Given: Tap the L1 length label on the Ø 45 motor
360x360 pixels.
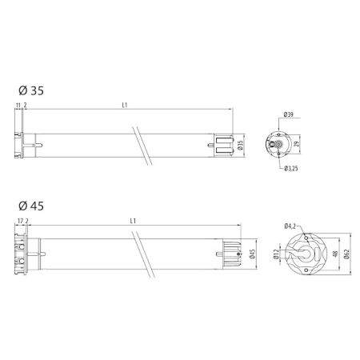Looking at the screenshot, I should (132, 220).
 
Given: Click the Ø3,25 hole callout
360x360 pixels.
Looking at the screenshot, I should (292, 168).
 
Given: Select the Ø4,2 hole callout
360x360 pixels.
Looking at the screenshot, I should (290, 227).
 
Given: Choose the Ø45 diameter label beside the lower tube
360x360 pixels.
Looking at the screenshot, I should (252, 255).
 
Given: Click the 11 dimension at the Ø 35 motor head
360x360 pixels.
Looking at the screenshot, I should (18, 105).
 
